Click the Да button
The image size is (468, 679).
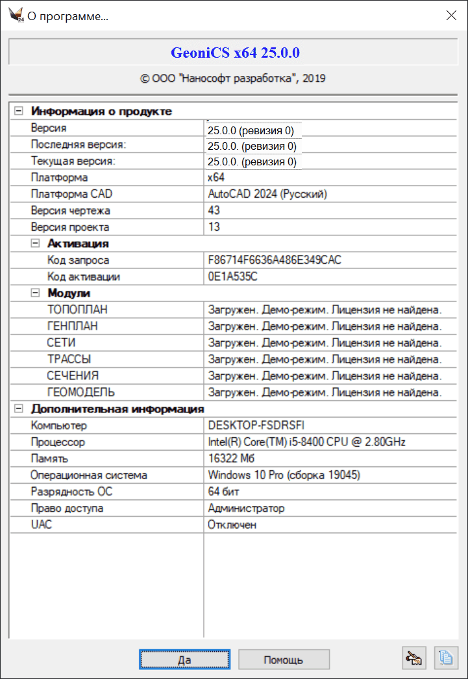click(184, 660)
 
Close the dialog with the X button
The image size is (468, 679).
click(451, 16)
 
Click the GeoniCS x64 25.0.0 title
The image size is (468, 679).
click(235, 53)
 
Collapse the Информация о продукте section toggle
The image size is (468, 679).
click(19, 111)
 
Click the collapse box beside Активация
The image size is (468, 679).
click(36, 243)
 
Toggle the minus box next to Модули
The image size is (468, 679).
click(36, 293)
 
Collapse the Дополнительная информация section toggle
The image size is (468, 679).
click(19, 409)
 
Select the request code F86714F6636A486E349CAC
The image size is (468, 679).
click(275, 260)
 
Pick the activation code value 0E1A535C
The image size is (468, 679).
click(232, 277)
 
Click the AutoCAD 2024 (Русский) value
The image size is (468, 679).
click(267, 194)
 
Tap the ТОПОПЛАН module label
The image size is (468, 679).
click(77, 310)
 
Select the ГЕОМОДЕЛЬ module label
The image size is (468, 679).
click(81, 392)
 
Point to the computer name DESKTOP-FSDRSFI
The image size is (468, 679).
click(255, 426)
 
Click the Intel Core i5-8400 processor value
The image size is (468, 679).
click(306, 442)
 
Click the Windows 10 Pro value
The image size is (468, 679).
click(284, 475)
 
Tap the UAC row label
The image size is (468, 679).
click(42, 525)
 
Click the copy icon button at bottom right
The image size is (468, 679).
click(445, 658)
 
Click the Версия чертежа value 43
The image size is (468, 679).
click(214, 211)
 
